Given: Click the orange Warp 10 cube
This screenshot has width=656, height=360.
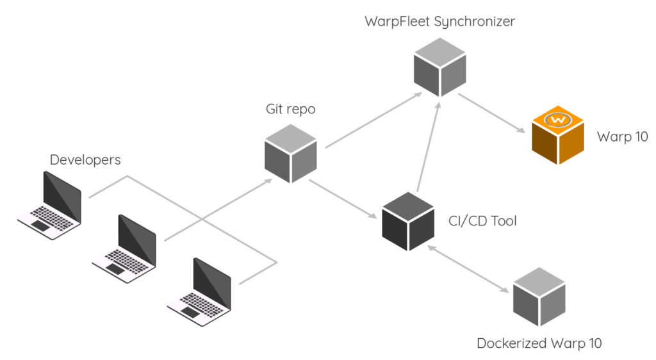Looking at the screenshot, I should (558, 137).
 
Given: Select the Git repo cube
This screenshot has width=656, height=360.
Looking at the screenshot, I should (291, 153).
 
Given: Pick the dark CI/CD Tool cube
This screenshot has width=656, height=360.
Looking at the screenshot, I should (409, 220).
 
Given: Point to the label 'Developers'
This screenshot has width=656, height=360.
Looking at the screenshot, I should (85, 160).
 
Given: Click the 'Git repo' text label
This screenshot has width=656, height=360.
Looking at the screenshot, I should (291, 109).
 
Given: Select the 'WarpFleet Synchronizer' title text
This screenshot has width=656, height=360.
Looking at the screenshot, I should (439, 21).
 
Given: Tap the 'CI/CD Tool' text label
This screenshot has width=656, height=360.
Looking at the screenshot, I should (482, 222).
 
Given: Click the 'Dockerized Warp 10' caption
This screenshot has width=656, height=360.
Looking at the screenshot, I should (539, 343).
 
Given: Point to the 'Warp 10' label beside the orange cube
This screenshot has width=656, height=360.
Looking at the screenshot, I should (623, 136).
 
